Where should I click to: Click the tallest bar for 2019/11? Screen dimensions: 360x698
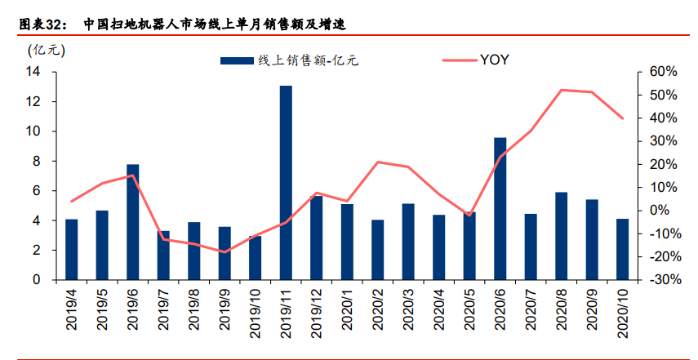point(286,183)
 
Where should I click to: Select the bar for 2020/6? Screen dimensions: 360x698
point(500,209)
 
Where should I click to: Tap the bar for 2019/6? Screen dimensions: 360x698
point(133,222)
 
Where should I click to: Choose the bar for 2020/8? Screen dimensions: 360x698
point(561,236)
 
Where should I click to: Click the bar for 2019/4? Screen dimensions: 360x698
point(72,249)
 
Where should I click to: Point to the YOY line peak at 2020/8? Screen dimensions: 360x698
point(561,90)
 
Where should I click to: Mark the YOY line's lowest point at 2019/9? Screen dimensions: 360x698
point(225,252)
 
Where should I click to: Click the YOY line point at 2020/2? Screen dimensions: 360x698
point(377,162)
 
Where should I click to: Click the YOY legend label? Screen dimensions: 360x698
point(494,60)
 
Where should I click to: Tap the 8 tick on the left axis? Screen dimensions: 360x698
point(37,162)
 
